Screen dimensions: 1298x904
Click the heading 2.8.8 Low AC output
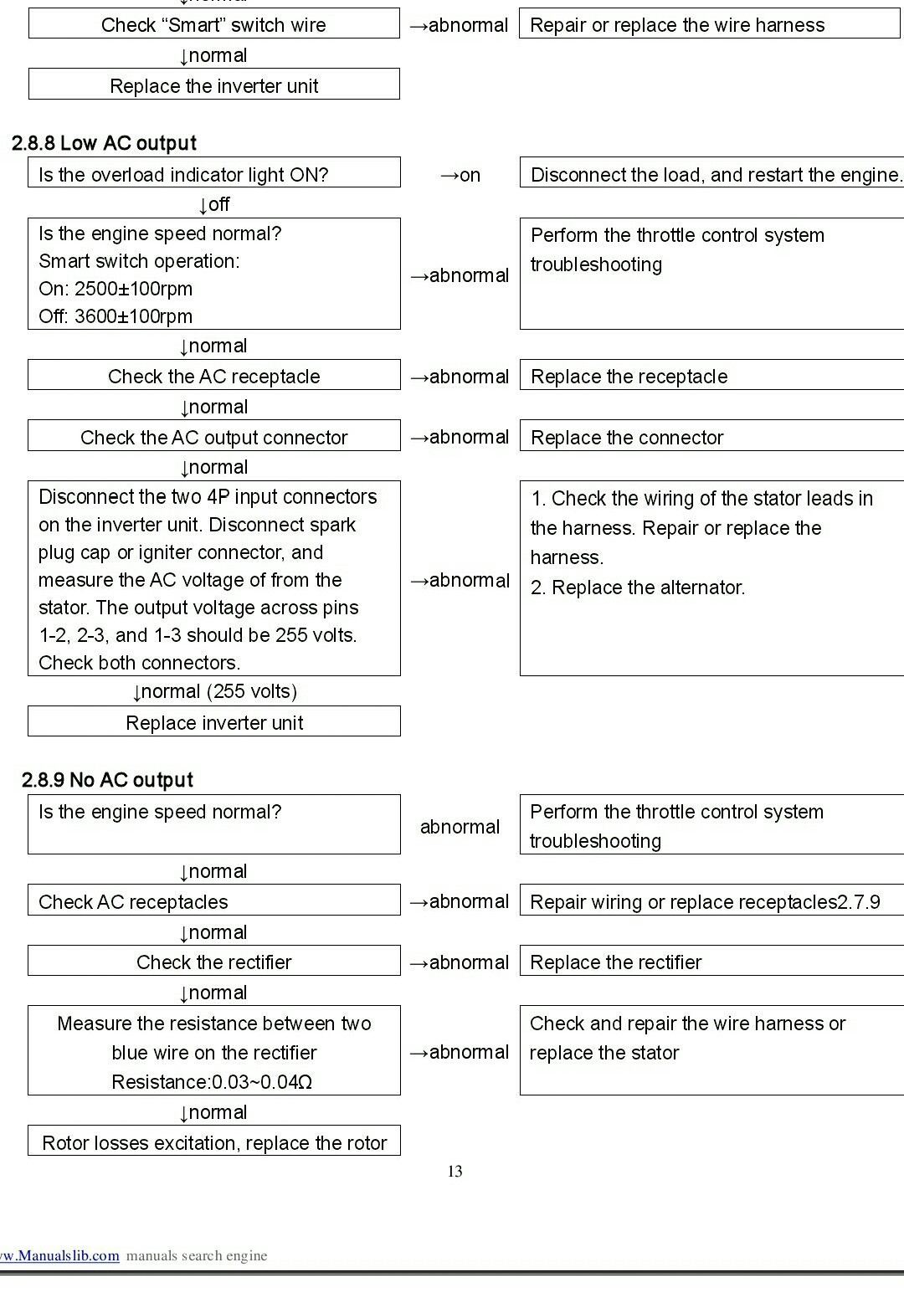pos(104,143)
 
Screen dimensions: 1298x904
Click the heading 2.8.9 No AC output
pos(107,780)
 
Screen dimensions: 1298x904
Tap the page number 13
pos(455,1171)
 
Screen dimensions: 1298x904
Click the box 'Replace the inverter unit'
pos(213,85)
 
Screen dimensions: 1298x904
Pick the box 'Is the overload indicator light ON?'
pos(213,174)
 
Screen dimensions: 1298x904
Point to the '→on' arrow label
pos(460,175)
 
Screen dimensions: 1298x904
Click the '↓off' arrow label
pos(213,204)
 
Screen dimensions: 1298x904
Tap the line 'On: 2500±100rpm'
pos(116,289)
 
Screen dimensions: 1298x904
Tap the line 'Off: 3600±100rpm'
pos(116,316)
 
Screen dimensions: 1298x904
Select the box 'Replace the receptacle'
pos(711,376)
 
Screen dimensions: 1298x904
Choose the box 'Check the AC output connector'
pos(213,437)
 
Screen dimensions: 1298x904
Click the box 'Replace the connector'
pos(711,437)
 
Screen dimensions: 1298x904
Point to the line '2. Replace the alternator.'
pos(638,587)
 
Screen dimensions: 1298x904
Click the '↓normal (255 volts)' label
pos(214,691)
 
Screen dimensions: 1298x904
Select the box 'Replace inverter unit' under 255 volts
pos(213,722)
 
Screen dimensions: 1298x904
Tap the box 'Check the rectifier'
pos(213,962)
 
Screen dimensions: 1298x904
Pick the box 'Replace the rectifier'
pos(711,962)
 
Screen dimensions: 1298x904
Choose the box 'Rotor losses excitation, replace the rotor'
pos(213,1142)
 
